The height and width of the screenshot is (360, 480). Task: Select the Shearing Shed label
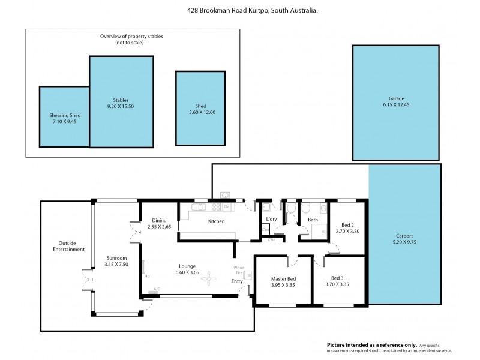[65, 115]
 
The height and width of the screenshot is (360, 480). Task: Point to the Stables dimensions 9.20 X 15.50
[121, 106]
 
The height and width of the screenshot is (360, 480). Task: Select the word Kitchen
[216, 221]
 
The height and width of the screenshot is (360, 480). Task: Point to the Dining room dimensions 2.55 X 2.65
[159, 227]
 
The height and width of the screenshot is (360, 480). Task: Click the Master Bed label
[283, 278]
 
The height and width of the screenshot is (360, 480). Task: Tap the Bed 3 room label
[337, 278]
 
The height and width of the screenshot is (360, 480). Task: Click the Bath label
[313, 220]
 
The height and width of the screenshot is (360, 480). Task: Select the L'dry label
[271, 220]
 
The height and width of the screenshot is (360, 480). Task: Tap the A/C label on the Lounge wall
[157, 289]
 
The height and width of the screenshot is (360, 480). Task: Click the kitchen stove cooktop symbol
[201, 207]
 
